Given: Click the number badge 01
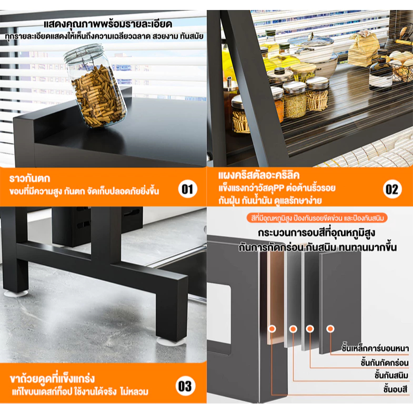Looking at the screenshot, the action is pos(187,189).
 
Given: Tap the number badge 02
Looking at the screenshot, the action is pos(392,189).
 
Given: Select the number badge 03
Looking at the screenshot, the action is pos(185,386).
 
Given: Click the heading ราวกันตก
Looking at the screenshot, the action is pos(29,178).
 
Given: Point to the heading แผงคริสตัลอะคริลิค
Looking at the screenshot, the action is pos(259,175).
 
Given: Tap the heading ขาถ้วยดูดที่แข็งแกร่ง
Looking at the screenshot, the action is pos(52,379).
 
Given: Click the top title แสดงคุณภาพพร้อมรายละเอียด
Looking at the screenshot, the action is pos(108,24).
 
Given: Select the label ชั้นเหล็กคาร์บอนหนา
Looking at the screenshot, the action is pos(375,348).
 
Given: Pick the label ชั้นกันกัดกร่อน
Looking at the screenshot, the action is pos(385,362).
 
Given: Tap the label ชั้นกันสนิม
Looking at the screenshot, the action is pos(391,375).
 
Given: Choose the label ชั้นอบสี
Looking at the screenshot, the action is pos(396,389).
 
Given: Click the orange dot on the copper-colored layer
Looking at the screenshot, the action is pos(272,329).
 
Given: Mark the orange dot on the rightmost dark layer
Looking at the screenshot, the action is pos(330,329).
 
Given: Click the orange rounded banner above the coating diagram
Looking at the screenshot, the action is pos(317,218).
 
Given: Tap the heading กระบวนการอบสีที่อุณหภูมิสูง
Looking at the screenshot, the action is pos(316,233).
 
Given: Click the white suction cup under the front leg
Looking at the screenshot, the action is pos(172,341).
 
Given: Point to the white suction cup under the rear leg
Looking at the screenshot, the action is pos(16,294).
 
